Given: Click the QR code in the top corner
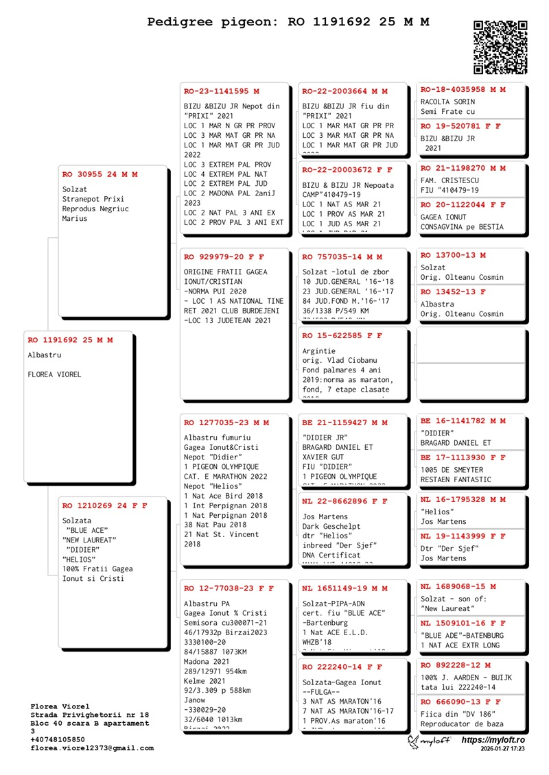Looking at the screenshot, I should coord(500,47).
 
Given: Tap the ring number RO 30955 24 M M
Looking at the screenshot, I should coord(100,174).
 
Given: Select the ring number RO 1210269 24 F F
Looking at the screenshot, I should coord(104,505).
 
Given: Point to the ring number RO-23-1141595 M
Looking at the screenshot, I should coord(222,91).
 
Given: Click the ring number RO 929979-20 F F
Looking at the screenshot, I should coord(224,257).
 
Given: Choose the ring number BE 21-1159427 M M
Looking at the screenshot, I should coord(344,422).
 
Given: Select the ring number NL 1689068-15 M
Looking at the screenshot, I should coord(457,587).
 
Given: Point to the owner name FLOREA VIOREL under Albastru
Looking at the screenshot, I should coord(54,374).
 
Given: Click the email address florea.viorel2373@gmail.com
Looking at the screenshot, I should coord(92,748).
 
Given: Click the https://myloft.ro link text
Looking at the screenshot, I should coord(493,741).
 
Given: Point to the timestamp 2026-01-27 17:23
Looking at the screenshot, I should coord(503,750).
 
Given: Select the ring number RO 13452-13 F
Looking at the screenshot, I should coord(453,291).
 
